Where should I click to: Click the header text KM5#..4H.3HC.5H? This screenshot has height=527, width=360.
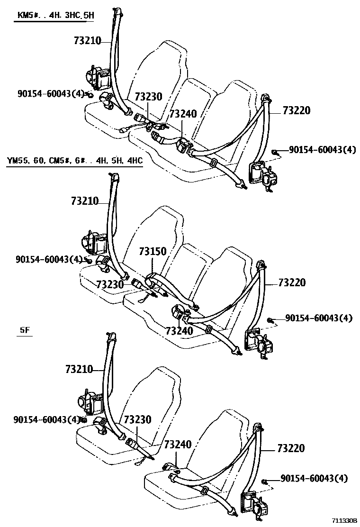[x=56, y=15]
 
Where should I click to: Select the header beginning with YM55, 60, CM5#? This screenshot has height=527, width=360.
[x=75, y=161]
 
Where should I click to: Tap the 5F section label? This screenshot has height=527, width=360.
[x=25, y=330]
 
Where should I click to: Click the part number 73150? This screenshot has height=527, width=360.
[x=153, y=251]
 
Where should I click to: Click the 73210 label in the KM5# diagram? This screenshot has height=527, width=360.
[x=88, y=41]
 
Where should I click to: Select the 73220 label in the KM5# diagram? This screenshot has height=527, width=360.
[x=297, y=110]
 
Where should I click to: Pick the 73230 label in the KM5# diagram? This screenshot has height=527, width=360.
[x=148, y=97]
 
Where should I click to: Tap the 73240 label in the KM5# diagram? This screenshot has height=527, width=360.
[x=183, y=114]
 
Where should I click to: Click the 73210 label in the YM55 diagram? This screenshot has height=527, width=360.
[x=85, y=201]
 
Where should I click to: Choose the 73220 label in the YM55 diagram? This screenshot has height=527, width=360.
[x=292, y=282]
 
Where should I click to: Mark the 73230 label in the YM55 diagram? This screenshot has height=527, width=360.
[x=110, y=284]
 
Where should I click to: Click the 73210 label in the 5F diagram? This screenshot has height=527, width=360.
[x=80, y=368]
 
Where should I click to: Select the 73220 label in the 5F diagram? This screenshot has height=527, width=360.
[x=291, y=448]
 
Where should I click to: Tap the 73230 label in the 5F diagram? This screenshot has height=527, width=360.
[x=137, y=419]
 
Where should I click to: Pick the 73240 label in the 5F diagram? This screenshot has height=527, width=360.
[x=178, y=445]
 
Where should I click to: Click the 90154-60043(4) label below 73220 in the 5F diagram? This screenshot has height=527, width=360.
[x=314, y=479]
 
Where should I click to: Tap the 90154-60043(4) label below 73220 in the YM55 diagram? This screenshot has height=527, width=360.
[x=319, y=318]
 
